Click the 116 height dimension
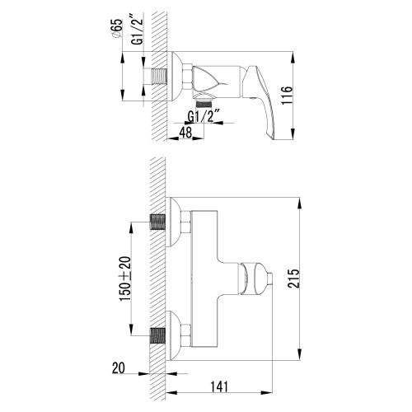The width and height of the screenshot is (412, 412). pyautogui.click(x=309, y=97)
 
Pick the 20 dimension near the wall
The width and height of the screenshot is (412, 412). pyautogui.click(x=120, y=369)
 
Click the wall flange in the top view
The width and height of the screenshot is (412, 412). pyautogui.click(x=175, y=79)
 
